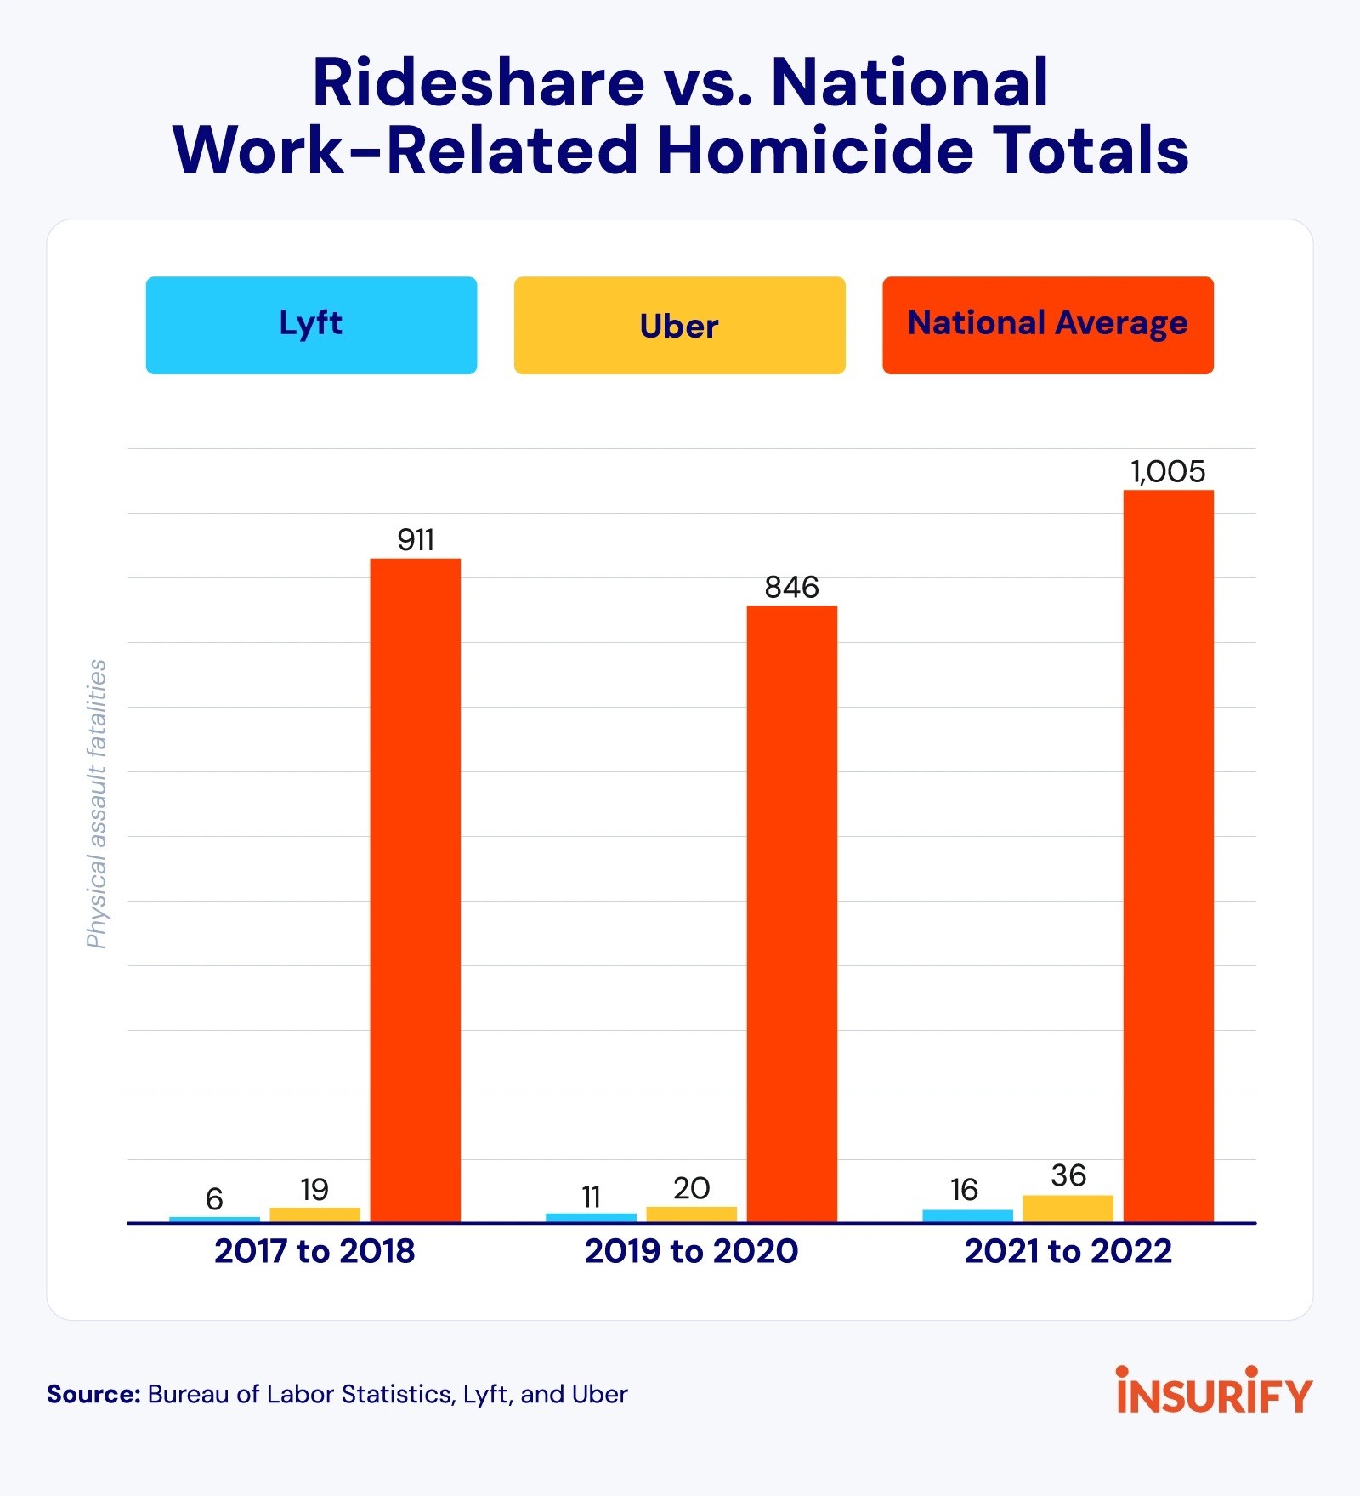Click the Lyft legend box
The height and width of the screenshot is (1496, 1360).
(x=311, y=325)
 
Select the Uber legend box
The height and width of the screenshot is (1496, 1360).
(x=679, y=325)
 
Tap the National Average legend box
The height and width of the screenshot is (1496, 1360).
(x=1047, y=325)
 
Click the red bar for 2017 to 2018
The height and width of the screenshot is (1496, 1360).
(x=415, y=890)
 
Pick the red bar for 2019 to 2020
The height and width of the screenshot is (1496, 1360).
(x=791, y=913)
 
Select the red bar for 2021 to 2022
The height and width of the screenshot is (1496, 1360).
(x=1168, y=856)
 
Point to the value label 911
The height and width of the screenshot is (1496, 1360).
(x=416, y=540)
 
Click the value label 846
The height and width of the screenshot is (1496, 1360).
(x=791, y=587)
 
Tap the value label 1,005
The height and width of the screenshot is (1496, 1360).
(x=1167, y=471)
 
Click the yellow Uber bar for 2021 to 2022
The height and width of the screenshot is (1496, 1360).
(x=1068, y=1209)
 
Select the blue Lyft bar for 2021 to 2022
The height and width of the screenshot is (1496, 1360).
(x=967, y=1216)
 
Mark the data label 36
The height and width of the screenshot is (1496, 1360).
(x=1068, y=1175)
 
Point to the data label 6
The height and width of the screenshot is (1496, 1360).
(x=214, y=1199)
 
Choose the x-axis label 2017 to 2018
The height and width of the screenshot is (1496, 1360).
(x=314, y=1251)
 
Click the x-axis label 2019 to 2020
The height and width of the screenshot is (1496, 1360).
(x=691, y=1251)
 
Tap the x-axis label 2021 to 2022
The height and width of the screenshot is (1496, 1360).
(x=1068, y=1251)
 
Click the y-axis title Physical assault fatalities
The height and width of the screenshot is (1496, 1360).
(x=97, y=804)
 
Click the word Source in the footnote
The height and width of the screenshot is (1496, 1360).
(x=93, y=1395)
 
